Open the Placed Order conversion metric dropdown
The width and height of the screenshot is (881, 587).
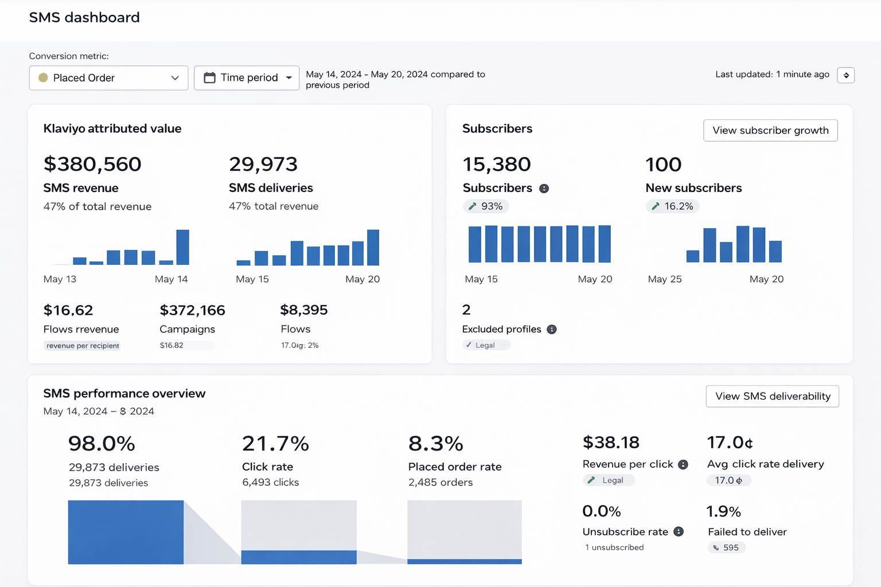coord(108,78)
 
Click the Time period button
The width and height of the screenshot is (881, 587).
coord(247,78)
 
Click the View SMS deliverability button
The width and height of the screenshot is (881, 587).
coord(772,396)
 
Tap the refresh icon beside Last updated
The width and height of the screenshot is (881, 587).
coord(846,75)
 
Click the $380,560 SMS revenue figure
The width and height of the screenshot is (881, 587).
coord(92,165)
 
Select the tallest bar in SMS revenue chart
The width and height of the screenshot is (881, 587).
coord(182,247)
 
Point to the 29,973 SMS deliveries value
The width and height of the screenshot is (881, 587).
coord(263,165)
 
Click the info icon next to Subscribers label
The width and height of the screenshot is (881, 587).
coord(544,189)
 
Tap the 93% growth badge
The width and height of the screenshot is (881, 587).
coord(486,206)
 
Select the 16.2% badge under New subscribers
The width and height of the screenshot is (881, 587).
coord(672,206)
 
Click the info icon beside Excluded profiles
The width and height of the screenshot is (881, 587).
coord(552,330)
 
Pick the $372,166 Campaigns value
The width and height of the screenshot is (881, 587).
coord(192,311)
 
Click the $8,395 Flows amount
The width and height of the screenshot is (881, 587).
coord(304,310)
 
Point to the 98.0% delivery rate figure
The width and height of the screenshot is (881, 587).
coord(102,444)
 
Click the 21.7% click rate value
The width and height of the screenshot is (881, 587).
coord(275,444)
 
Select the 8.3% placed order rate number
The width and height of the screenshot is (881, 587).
coord(436,444)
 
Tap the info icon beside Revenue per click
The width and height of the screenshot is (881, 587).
coord(683,465)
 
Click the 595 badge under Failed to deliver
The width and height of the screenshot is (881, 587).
coord(727,548)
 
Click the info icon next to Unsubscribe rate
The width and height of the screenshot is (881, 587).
coord(679,532)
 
